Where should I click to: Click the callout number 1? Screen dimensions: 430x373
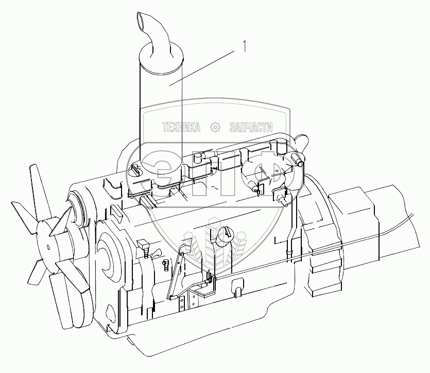coord(244,46)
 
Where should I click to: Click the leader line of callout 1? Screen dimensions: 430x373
coord(202,68)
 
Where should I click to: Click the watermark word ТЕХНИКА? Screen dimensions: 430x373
coord(181,127)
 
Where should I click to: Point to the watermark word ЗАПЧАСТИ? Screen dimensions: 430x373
coord(251,127)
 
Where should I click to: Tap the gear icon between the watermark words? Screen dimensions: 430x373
coord(215,127)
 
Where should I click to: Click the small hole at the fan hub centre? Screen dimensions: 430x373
coord(48,247)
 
